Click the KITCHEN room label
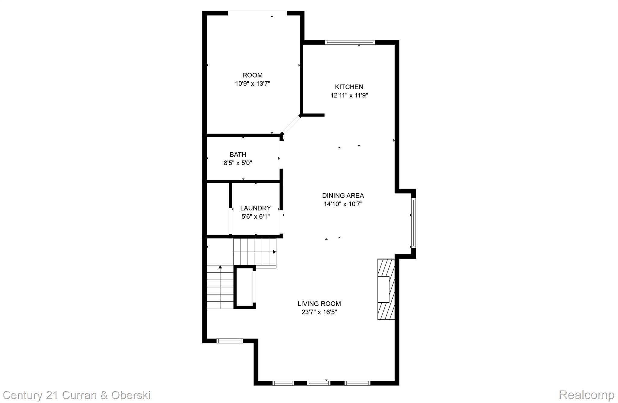[x=349, y=87]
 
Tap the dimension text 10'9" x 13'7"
[x=253, y=84]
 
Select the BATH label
[x=238, y=154]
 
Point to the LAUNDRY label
[x=255, y=208]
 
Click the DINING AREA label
[x=343, y=195]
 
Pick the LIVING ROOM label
[x=319, y=304]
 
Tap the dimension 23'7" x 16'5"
[x=319, y=312]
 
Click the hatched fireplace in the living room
[x=386, y=289]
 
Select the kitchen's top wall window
[x=350, y=43]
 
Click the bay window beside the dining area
[x=413, y=223]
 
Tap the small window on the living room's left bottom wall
[x=230, y=341]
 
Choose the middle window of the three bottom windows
[x=319, y=383]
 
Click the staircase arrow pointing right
[x=274, y=252]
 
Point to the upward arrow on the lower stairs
[x=220, y=267]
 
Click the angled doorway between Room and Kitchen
[x=291, y=125]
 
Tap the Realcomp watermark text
[x=586, y=395]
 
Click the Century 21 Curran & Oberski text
[x=77, y=395]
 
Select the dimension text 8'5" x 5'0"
[x=238, y=163]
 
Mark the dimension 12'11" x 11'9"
[x=349, y=96]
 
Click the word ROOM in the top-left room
[x=253, y=75]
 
